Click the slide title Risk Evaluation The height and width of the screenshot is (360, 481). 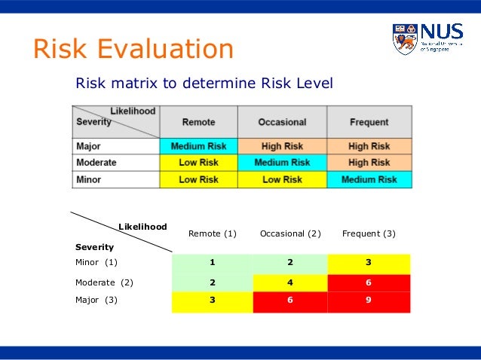(x=133, y=50)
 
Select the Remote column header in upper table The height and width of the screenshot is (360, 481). (x=198, y=122)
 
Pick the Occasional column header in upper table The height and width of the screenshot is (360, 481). (x=282, y=122)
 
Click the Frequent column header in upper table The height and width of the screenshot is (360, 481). (x=369, y=122)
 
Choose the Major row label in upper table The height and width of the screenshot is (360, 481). (x=89, y=146)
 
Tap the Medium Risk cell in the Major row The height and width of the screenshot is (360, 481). (x=198, y=146)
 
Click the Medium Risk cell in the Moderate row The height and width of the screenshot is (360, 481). (x=282, y=163)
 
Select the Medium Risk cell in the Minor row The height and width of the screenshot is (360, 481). (x=369, y=180)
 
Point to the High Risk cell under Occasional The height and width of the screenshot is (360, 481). (x=282, y=146)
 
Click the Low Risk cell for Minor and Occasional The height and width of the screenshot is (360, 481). (x=282, y=180)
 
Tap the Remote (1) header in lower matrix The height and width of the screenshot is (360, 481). (x=213, y=233)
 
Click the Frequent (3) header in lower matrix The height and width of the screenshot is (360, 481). (x=369, y=233)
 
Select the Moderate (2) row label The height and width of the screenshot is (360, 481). (x=104, y=282)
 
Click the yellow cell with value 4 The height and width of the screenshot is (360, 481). (x=290, y=282)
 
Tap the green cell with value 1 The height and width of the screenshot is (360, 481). (x=213, y=263)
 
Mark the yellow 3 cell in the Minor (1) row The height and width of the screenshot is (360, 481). (x=369, y=263)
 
